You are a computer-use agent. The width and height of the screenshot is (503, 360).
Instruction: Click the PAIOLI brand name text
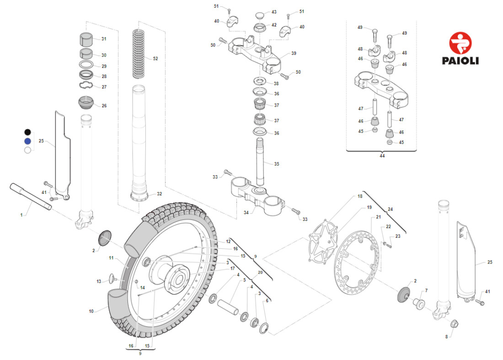[x=460, y=60]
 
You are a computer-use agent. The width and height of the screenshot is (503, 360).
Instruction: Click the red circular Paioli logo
[x=460, y=43]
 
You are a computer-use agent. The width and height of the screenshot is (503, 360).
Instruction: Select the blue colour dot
[x=27, y=141]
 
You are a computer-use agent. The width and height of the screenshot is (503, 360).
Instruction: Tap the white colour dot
[x=27, y=150]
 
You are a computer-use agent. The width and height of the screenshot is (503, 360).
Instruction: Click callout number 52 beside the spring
[x=155, y=59]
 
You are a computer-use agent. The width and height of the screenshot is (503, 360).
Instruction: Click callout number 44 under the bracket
[x=382, y=156]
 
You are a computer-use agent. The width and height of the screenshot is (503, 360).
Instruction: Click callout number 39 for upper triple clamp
[x=294, y=54]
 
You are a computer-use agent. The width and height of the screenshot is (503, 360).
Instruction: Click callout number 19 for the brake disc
[x=369, y=207]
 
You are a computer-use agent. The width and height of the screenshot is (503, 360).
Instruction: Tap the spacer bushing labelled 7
[x=418, y=303]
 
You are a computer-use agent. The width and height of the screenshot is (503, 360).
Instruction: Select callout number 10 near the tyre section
[x=91, y=312]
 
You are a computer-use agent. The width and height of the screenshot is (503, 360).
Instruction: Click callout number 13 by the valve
[x=98, y=281]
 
